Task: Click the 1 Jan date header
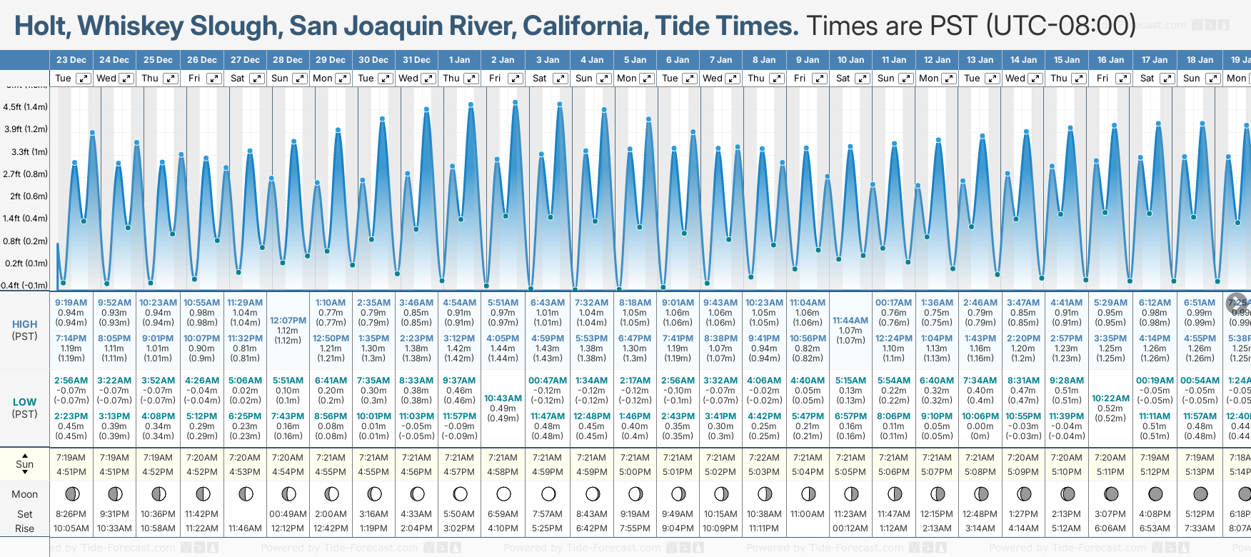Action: coord(459,60)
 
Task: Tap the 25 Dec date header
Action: coord(158,60)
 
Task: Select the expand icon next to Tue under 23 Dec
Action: coord(84,79)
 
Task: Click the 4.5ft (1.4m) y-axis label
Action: coord(25,107)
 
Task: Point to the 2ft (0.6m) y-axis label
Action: coord(25,196)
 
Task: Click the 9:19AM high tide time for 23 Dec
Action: coord(71,303)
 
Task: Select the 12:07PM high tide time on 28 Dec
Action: coord(288,321)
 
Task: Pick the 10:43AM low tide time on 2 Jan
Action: coord(503,398)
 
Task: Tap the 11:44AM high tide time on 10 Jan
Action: coord(850,321)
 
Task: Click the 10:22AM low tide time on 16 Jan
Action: coord(1110,398)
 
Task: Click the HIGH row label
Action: coord(24,324)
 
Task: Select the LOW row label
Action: coord(24,402)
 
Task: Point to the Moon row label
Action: coord(24,494)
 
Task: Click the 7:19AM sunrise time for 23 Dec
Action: coord(71,458)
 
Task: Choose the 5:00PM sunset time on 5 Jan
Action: coord(635,472)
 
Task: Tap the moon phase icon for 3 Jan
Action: coord(548,493)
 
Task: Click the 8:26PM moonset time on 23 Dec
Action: coord(71,514)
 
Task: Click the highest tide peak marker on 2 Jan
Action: coord(516,103)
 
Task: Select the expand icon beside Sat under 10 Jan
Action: coord(863,79)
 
